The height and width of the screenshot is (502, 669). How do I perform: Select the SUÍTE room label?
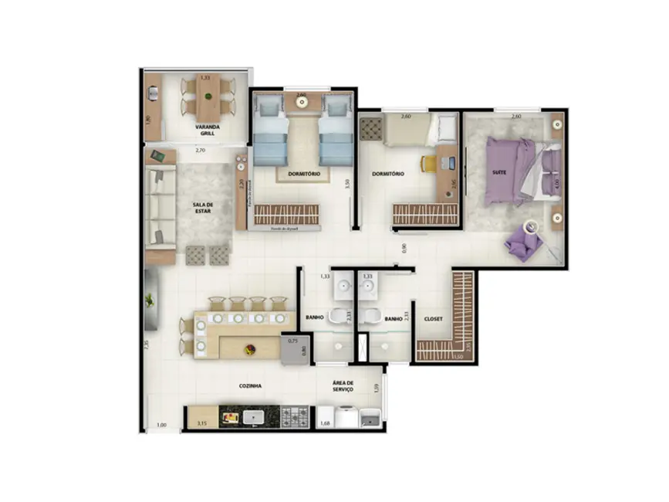tap(499, 172)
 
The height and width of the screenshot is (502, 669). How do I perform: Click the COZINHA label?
tap(249, 385)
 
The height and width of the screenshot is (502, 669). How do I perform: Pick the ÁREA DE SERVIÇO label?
tap(343, 386)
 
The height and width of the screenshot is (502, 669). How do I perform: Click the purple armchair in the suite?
tap(519, 245)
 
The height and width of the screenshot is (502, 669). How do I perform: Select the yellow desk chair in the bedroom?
tap(428, 164)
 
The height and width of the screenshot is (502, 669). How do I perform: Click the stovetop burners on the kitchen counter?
tap(294, 418)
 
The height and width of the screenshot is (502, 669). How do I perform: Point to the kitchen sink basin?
tap(252, 418)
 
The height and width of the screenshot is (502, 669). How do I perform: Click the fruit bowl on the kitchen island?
tap(250, 349)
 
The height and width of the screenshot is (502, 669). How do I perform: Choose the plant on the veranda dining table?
tap(207, 95)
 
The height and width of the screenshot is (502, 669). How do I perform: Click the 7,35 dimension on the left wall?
tap(144, 346)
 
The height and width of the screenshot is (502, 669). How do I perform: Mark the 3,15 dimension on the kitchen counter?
tap(202, 423)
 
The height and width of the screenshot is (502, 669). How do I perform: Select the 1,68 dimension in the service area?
tap(325, 422)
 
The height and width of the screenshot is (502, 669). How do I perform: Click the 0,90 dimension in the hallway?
tap(404, 249)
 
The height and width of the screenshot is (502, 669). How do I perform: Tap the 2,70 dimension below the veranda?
tap(200, 150)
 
